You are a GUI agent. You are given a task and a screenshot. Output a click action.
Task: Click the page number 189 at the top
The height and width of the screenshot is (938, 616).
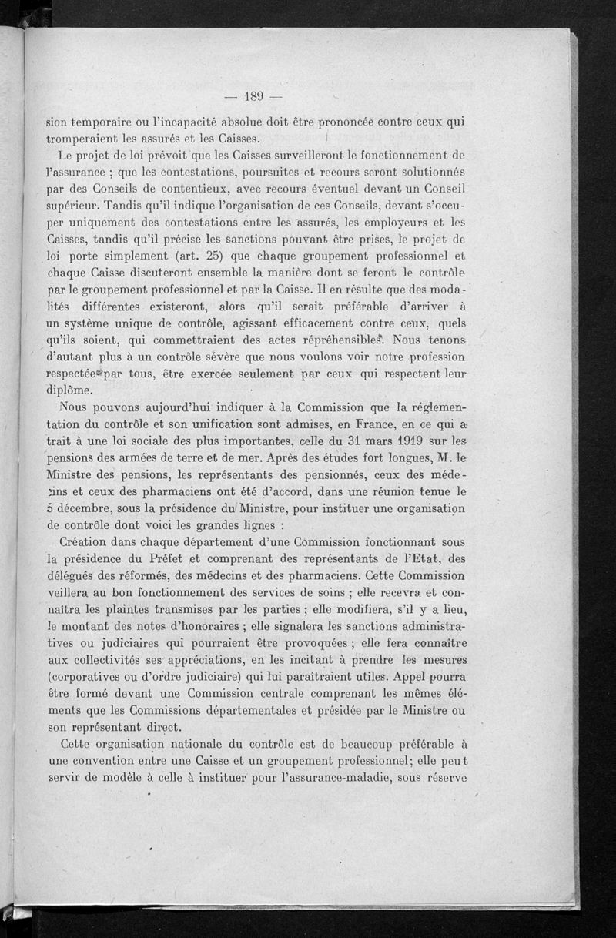pos(253,96)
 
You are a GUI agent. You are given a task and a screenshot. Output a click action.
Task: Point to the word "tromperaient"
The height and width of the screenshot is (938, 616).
pos(88,139)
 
